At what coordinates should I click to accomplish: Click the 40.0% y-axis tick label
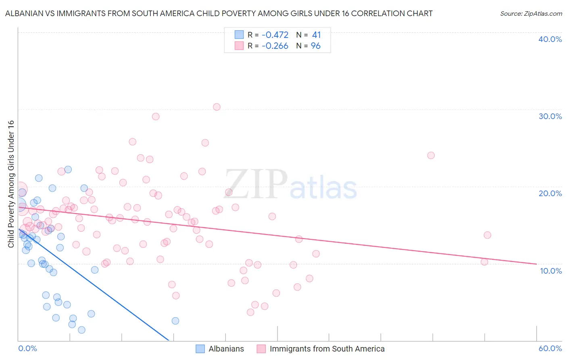[550, 39]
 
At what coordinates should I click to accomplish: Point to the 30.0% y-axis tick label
[550, 116]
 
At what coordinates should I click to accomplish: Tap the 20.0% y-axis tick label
[550, 193]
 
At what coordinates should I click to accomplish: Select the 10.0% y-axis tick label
[551, 271]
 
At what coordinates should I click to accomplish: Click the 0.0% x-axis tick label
[27, 348]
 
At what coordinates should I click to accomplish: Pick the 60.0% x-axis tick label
[550, 348]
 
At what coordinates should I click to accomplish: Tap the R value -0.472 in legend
[275, 35]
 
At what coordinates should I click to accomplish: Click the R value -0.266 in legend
[275, 46]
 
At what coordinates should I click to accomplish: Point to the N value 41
[316, 35]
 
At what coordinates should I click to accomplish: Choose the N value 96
[315, 46]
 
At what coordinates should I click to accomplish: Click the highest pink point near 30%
[217, 107]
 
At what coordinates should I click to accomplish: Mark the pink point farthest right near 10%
[484, 262]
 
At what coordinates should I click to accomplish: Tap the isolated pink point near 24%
[431, 155]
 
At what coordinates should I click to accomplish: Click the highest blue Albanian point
[68, 170]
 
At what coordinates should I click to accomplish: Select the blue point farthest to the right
[175, 321]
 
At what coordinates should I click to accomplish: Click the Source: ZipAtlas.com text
[531, 14]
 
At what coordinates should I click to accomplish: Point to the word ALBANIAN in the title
[25, 14]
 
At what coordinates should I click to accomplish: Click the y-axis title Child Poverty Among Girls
[11, 184]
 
